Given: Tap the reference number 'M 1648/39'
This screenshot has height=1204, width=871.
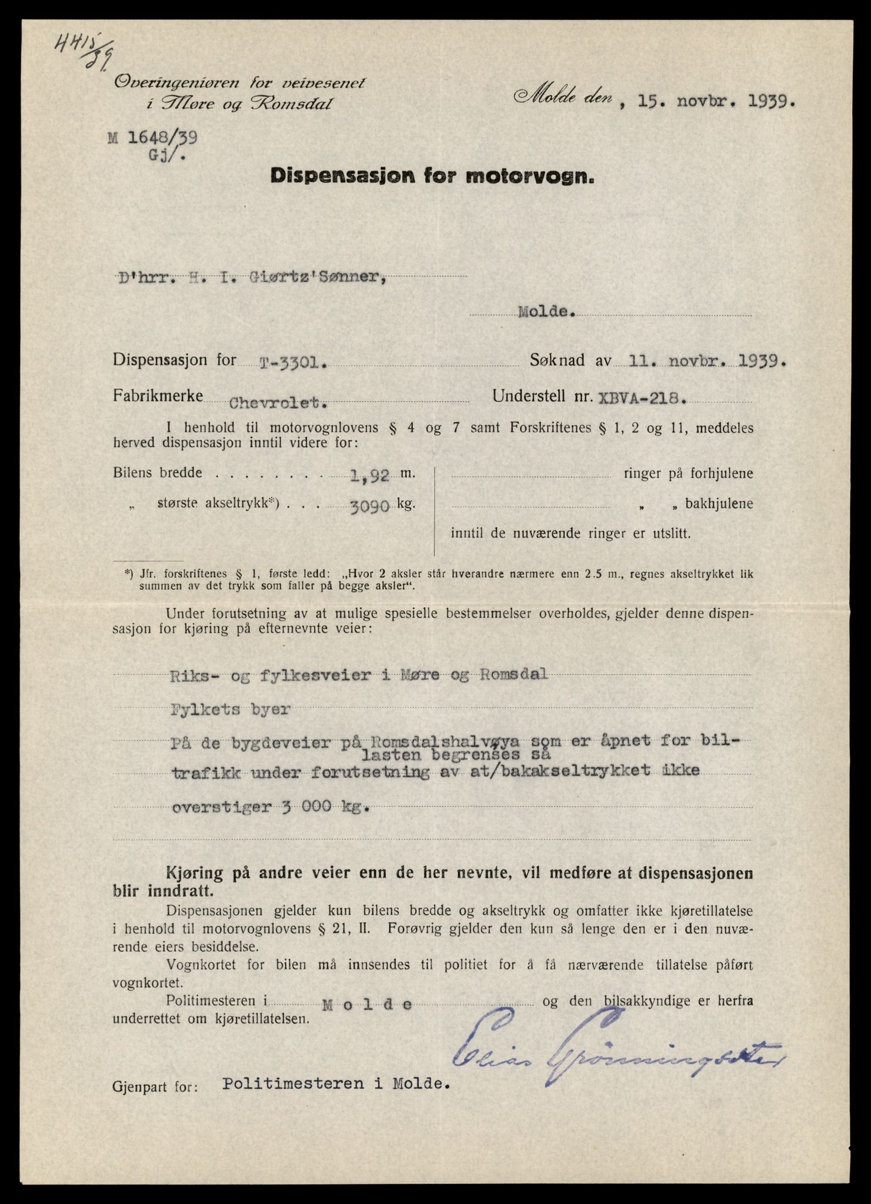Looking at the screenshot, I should [x=153, y=138].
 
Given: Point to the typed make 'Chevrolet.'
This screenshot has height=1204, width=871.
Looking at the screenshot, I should [x=279, y=403].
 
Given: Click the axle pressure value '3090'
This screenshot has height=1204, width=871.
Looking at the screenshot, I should [x=370, y=506].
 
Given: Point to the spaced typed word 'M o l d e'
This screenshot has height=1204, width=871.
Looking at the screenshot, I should [x=367, y=1005].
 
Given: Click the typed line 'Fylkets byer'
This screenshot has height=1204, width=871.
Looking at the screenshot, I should [x=231, y=709].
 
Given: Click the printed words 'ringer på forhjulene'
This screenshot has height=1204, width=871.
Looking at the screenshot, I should [x=688, y=474].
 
